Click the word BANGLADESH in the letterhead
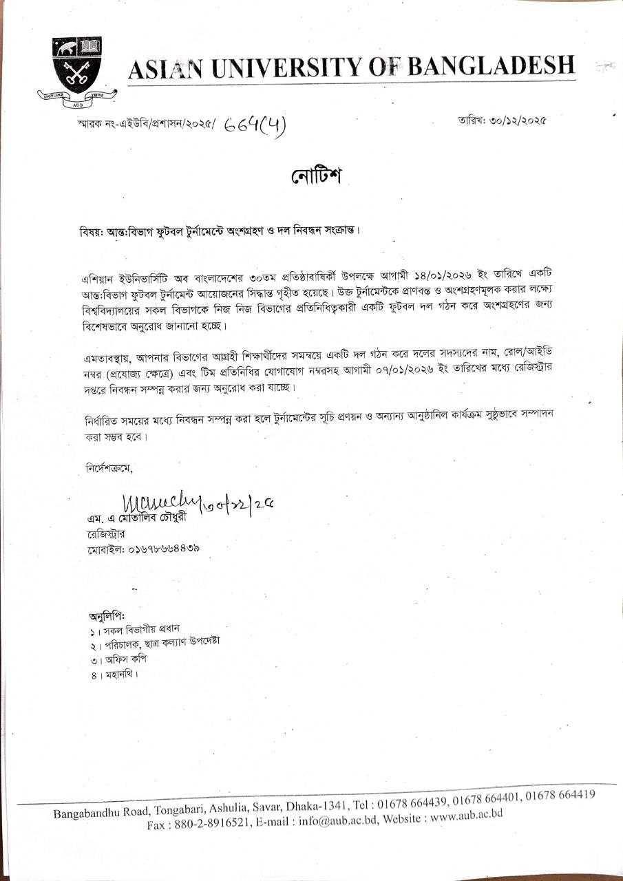point(492,65)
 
